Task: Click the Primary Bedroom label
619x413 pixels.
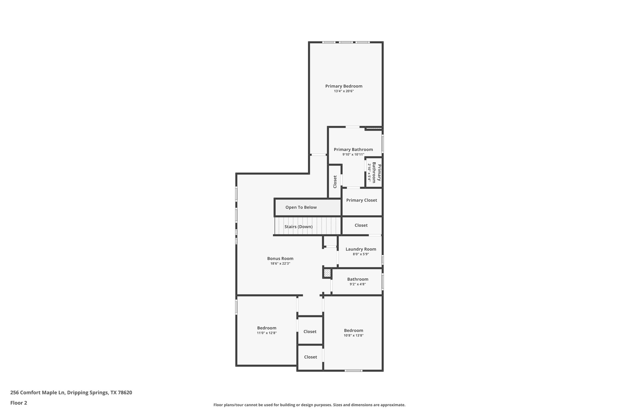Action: (344, 86)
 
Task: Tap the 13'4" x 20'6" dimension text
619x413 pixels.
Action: (344, 91)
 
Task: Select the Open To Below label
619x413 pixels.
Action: (301, 207)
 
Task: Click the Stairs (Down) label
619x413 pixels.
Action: (298, 227)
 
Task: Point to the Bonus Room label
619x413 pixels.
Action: (280, 258)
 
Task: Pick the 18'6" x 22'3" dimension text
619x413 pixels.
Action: (280, 264)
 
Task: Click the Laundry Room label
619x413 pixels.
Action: (361, 249)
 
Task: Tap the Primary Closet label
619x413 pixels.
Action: (361, 200)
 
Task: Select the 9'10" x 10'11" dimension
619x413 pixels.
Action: (353, 154)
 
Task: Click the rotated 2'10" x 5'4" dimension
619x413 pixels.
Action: (369, 172)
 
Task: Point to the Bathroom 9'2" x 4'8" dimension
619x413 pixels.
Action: (358, 284)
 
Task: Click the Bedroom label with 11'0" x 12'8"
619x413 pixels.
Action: (267, 328)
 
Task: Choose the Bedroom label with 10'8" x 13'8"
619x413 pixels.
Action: (353, 330)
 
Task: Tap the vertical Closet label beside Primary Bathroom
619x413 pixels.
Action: (335, 182)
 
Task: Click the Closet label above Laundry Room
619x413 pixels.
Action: (361, 225)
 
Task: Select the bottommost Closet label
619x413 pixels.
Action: (310, 357)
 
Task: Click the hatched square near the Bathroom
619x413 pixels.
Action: (327, 273)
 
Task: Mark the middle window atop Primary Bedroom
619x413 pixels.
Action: (345, 42)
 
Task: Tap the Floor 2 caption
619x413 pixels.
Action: (19, 403)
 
